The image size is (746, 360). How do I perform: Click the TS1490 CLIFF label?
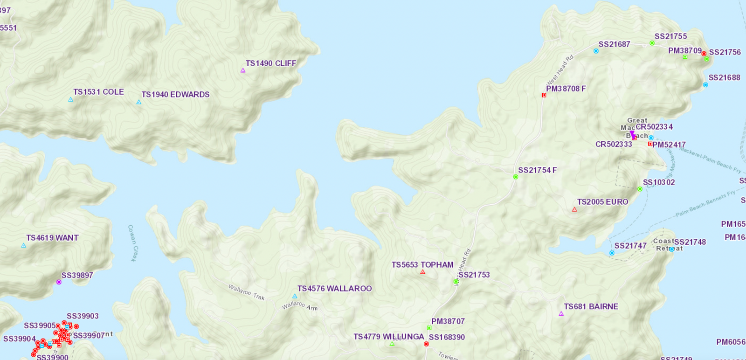click(x=271, y=63)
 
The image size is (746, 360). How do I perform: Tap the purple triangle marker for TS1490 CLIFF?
click(x=243, y=70)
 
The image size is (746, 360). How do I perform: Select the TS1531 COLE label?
click(x=98, y=92)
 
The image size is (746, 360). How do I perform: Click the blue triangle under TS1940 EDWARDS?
click(x=138, y=102)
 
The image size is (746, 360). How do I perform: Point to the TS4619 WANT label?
click(x=52, y=238)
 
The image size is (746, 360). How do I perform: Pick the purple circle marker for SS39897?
click(x=59, y=282)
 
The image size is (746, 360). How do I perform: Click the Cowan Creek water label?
click(x=132, y=243)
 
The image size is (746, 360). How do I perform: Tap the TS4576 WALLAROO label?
click(x=334, y=289)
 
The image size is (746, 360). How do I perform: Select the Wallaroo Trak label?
click(x=246, y=292)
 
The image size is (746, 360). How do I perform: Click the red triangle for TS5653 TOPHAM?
click(x=422, y=272)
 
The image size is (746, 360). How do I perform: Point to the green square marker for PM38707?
click(x=429, y=328)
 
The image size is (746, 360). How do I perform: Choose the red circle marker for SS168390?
click(x=426, y=344)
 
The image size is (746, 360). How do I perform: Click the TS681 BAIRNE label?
click(x=591, y=306)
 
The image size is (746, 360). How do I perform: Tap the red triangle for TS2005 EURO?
click(x=574, y=209)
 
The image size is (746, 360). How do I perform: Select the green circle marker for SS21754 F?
click(x=516, y=177)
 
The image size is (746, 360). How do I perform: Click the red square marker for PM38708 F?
click(x=544, y=95)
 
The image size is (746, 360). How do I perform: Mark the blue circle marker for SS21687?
click(x=596, y=51)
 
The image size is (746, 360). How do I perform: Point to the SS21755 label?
click(x=670, y=36)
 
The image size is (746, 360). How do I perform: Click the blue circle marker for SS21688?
click(x=705, y=85)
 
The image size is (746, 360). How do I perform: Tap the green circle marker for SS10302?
click(x=640, y=189)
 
